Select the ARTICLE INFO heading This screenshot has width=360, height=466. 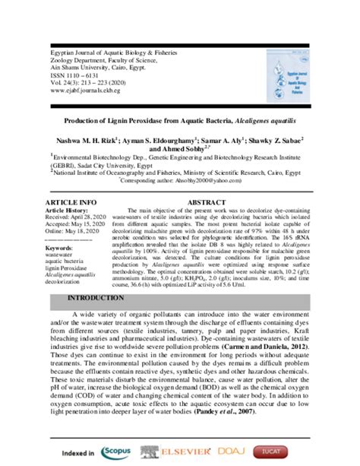[x=71, y=201]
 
